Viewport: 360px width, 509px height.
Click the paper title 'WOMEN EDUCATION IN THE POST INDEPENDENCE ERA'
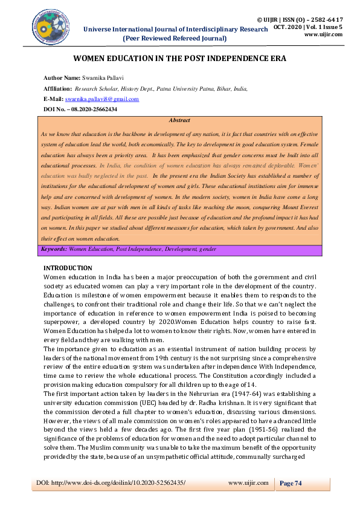179,59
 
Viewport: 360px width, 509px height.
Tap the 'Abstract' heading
180,121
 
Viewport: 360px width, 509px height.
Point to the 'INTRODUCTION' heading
68,268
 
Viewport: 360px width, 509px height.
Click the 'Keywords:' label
53,250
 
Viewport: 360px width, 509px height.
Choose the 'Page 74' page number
291,483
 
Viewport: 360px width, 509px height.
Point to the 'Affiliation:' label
57,88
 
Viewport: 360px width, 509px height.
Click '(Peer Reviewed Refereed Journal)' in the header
175,38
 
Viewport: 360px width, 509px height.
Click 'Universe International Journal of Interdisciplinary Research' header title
175,29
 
